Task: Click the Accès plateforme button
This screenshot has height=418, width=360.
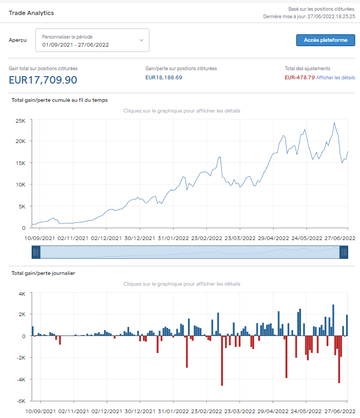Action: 325,40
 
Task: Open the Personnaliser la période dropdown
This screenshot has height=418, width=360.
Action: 92,41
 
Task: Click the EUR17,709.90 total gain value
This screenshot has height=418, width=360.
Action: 43,80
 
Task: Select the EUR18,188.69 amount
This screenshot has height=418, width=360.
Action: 164,78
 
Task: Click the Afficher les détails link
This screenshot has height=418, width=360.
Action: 335,78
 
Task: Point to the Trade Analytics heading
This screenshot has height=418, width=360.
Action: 31,12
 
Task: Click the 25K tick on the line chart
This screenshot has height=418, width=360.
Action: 21,121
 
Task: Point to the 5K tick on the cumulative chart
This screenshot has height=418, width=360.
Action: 22,206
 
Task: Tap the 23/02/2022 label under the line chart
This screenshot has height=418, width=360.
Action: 207,238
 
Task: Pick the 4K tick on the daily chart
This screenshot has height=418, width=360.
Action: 21,294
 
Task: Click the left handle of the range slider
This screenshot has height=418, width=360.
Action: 36,252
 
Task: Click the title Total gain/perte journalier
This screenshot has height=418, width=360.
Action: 43,273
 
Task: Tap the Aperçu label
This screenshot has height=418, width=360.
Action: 18,41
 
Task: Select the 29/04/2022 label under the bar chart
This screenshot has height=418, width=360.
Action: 274,411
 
